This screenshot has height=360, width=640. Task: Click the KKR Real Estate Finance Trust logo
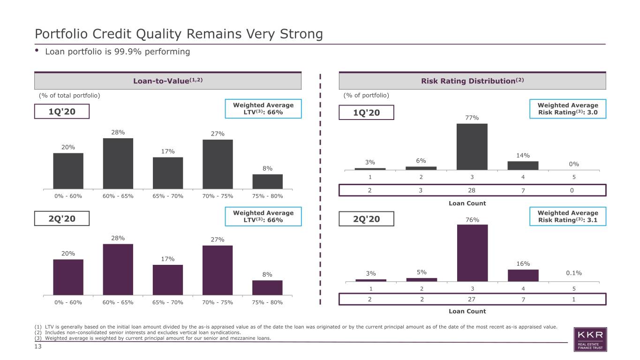point(590,339)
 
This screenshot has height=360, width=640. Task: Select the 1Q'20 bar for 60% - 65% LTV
point(118,164)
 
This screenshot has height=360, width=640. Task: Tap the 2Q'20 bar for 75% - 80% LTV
point(267,288)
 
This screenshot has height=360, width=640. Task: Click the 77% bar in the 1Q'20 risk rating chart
point(472,147)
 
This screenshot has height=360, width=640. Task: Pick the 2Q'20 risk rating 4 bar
point(523,276)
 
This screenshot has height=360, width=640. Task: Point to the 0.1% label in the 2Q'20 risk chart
point(574,273)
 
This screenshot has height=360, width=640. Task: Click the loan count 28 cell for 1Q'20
point(472,190)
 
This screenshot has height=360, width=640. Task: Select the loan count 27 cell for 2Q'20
point(472,299)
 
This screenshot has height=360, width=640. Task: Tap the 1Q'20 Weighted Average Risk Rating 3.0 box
point(568,109)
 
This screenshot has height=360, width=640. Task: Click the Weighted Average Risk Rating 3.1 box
point(568,217)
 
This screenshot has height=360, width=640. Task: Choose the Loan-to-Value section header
point(168,81)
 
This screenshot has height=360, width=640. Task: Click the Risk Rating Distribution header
point(472,81)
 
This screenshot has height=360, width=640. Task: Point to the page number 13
point(38,346)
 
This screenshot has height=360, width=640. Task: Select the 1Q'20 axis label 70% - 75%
point(218,196)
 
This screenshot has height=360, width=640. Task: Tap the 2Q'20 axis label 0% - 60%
point(68,302)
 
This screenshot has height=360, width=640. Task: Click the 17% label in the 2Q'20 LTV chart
point(168,259)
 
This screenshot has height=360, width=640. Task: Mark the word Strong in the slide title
point(301,34)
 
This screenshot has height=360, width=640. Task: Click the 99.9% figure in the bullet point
point(128,52)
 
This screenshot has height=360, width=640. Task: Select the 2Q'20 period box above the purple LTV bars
point(62,218)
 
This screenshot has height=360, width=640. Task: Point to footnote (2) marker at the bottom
point(38,332)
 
